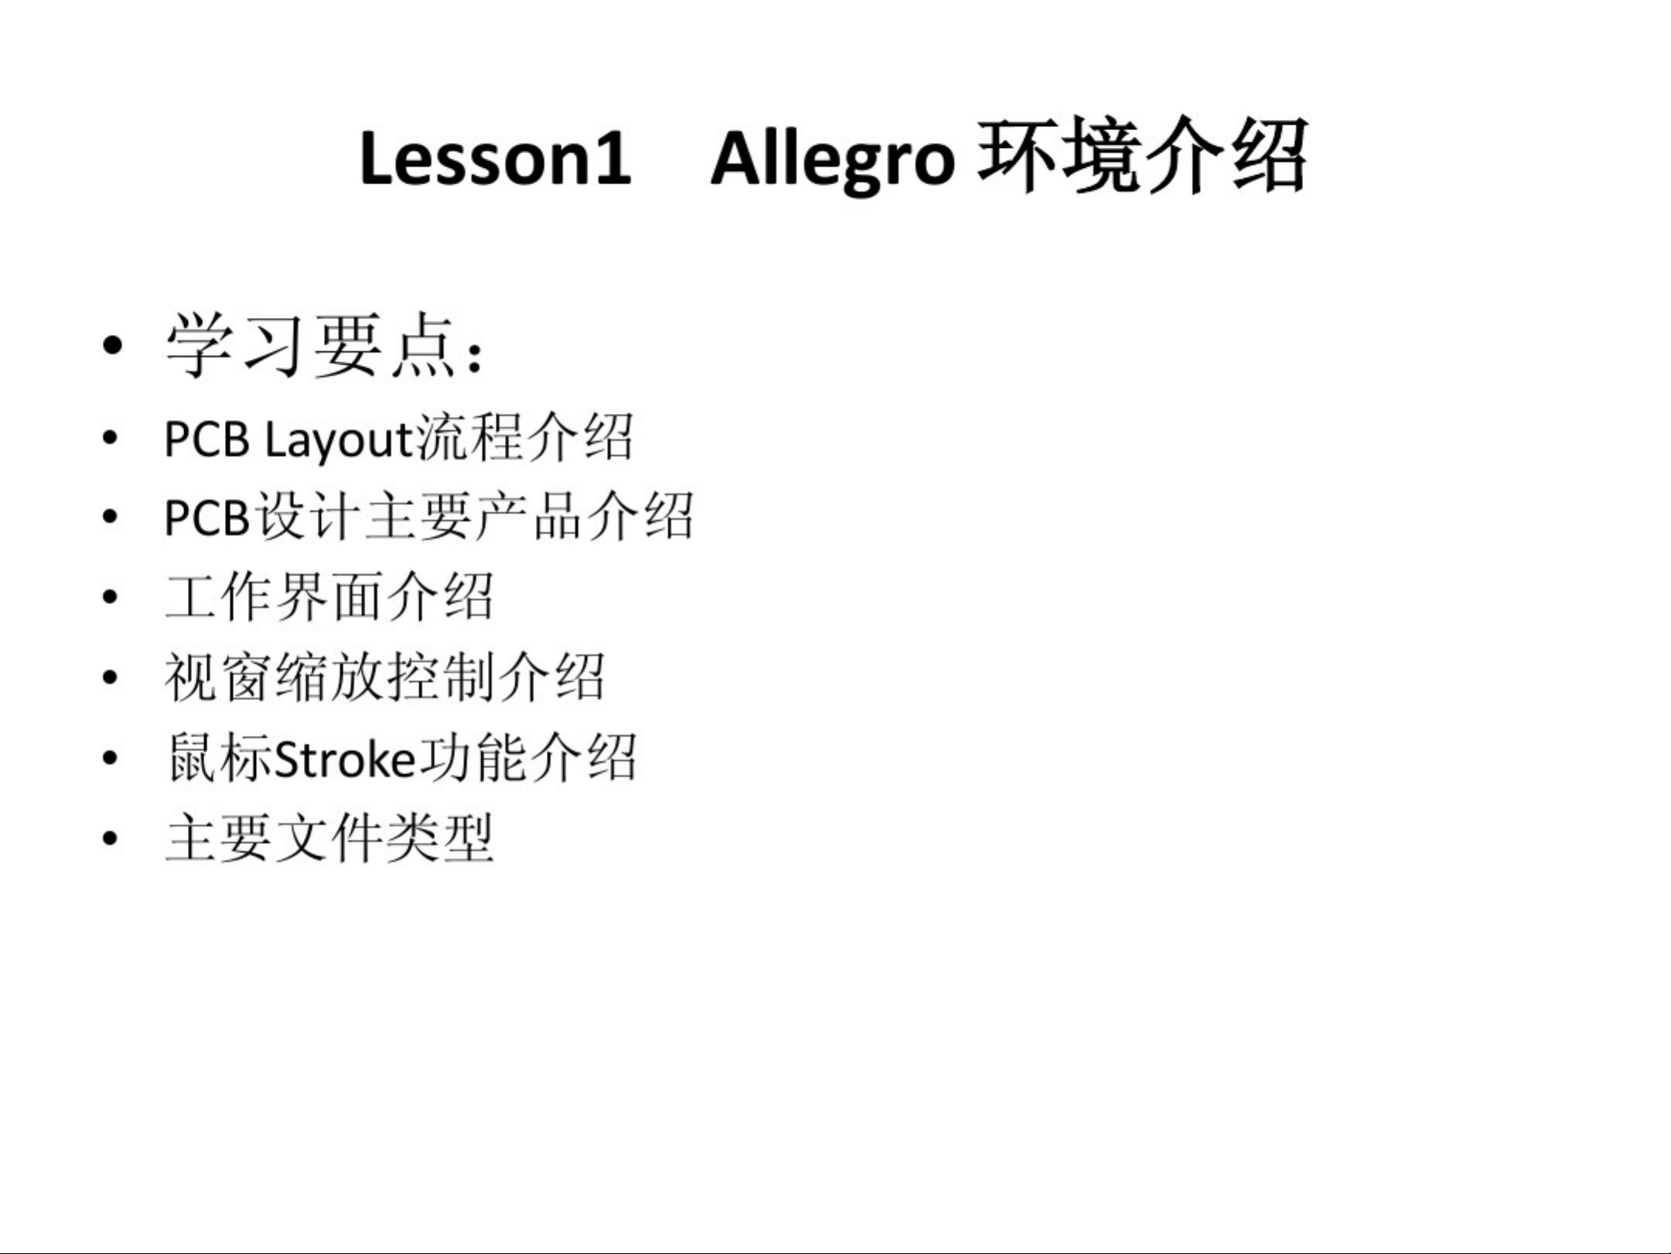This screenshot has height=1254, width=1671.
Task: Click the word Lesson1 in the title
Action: tap(495, 159)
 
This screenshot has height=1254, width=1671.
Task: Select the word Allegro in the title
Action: tap(833, 161)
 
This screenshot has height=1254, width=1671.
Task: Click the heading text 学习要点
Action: tap(311, 346)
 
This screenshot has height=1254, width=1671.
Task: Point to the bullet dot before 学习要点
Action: tap(112, 346)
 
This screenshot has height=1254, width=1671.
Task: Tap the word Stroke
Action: tap(346, 759)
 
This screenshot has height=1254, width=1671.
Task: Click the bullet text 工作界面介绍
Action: tap(329, 597)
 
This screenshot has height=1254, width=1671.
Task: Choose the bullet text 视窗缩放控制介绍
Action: tap(384, 678)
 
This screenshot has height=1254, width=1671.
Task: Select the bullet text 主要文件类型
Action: tap(329, 838)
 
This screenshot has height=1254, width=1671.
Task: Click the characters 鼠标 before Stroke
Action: tap(220, 758)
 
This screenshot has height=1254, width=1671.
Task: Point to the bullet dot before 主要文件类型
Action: tap(111, 838)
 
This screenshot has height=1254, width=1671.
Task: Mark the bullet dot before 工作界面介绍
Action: tap(111, 597)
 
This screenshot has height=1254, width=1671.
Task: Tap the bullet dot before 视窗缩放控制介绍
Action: tap(111, 678)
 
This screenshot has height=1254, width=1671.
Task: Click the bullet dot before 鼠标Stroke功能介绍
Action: tap(111, 758)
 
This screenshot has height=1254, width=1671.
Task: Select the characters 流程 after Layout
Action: tap(470, 438)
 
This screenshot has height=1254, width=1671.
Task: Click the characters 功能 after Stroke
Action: tap(473, 758)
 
